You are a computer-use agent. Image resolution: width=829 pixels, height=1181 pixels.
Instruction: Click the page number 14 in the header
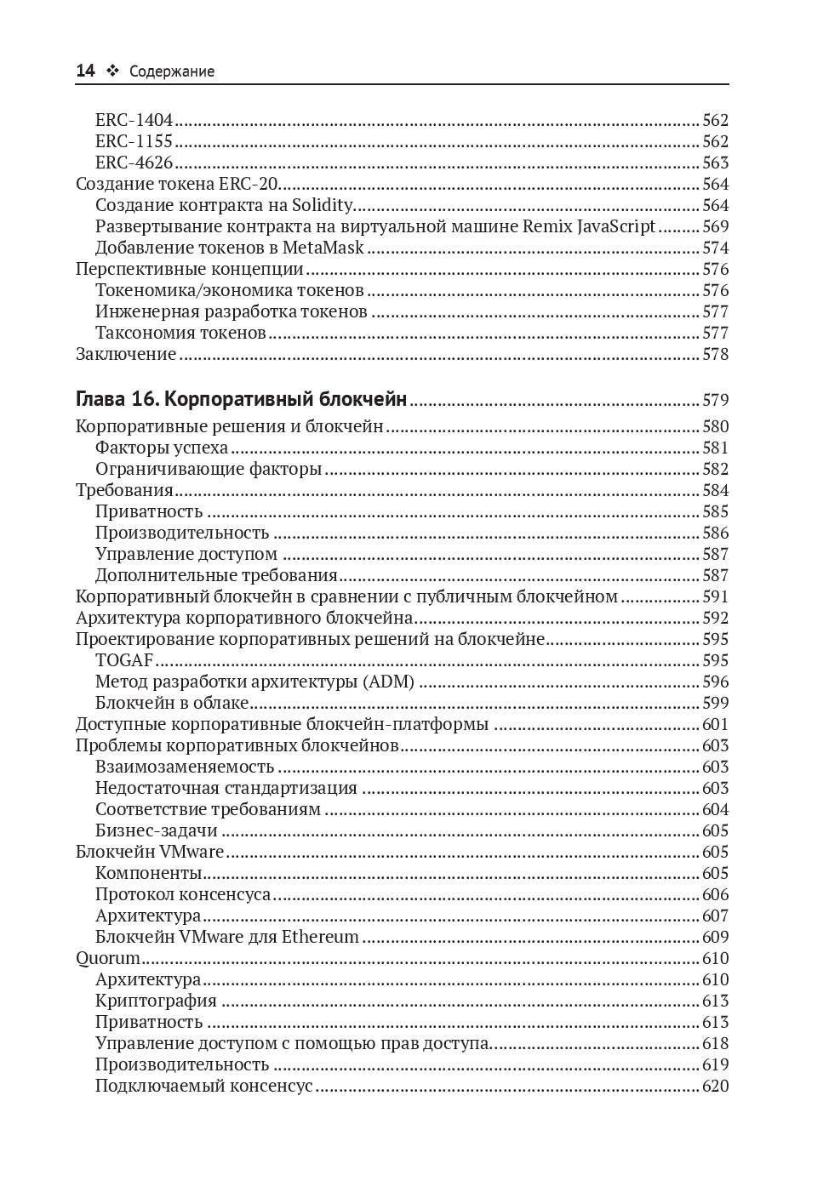(85, 71)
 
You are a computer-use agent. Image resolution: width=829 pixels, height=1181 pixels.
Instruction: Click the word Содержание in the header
(172, 71)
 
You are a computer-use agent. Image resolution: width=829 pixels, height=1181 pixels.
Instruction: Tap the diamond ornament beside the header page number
(111, 71)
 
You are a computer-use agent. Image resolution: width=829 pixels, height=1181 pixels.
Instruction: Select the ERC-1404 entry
(134, 121)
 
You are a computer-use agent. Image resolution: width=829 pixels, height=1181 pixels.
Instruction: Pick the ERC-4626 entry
(134, 163)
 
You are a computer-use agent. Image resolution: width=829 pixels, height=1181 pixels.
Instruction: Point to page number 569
(715, 227)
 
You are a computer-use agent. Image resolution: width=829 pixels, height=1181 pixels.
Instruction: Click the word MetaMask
(323, 248)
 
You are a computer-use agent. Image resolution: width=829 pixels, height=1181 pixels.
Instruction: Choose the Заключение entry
(126, 355)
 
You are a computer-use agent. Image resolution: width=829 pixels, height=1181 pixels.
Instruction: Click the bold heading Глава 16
(116, 400)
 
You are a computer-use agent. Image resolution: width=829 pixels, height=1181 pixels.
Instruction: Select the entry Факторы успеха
(162, 448)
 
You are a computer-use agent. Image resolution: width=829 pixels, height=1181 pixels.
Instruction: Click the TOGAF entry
(124, 661)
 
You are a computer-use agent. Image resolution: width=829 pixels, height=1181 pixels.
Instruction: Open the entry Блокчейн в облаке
(172, 704)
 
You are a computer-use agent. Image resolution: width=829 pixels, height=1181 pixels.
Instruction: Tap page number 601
(715, 725)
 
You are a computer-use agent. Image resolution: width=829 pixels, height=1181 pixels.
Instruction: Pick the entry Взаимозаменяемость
(185, 767)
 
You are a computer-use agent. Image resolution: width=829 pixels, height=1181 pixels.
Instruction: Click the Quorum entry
(108, 959)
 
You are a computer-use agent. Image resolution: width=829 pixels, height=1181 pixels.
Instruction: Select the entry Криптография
(156, 1001)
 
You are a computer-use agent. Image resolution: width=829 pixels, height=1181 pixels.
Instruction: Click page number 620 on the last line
(715, 1087)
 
